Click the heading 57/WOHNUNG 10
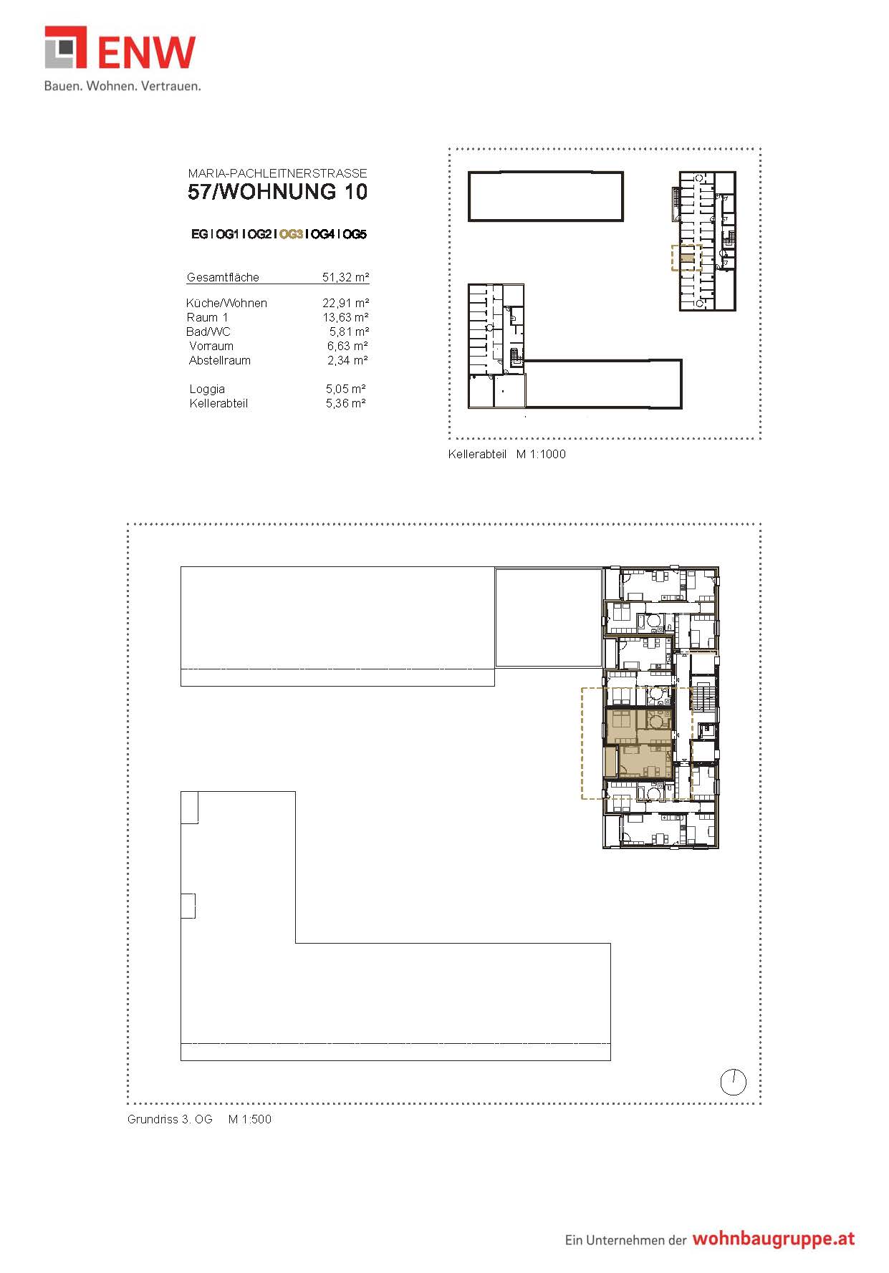(278, 192)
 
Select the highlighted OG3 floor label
(291, 234)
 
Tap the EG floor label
(199, 234)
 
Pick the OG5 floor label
(355, 234)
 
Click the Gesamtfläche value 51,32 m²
(345, 277)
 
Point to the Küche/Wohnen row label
(226, 303)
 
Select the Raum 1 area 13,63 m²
(345, 317)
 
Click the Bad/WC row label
(208, 331)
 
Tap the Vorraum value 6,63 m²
(347, 346)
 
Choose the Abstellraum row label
(220, 360)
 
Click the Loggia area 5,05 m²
(346, 389)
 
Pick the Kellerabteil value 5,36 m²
(346, 403)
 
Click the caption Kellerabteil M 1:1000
(507, 454)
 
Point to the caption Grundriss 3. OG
(170, 1119)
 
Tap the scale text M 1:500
(250, 1119)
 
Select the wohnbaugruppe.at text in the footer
(774, 1239)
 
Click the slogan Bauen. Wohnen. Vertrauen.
(122, 86)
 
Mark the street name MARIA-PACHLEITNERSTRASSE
(278, 173)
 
